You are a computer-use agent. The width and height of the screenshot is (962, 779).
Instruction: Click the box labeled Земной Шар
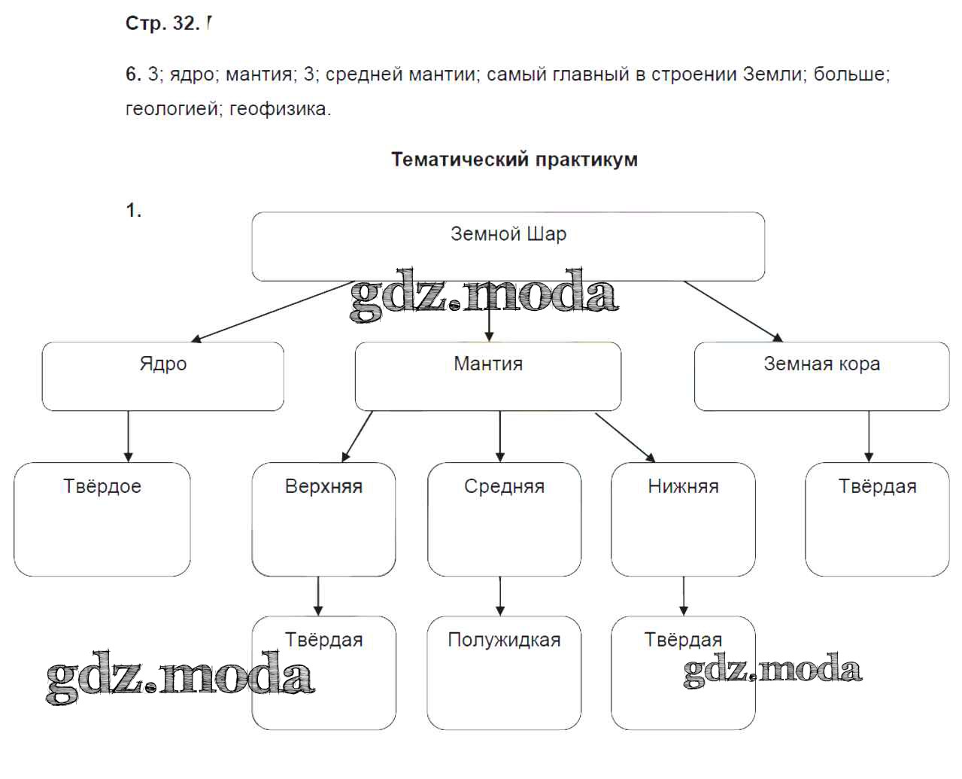click(x=508, y=246)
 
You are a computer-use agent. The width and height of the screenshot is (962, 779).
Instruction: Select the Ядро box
click(x=162, y=376)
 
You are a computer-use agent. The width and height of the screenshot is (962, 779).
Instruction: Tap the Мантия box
click(x=487, y=376)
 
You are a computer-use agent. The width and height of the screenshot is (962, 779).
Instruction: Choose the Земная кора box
click(x=821, y=376)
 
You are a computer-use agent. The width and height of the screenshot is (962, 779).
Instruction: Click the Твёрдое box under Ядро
click(x=102, y=519)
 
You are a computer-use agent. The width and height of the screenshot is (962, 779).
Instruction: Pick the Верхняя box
click(x=323, y=519)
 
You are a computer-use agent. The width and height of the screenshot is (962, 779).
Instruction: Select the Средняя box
click(x=504, y=519)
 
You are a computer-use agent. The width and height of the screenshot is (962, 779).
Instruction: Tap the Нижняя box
click(x=683, y=519)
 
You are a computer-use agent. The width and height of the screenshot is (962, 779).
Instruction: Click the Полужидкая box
click(x=504, y=673)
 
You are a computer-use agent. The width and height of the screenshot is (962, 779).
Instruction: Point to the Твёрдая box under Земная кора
click(x=877, y=519)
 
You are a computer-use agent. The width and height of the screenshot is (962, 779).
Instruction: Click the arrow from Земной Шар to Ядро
click(x=271, y=312)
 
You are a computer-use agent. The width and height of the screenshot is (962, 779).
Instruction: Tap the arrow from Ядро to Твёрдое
click(x=128, y=437)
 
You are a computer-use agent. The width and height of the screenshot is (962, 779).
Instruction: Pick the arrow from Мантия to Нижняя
click(x=625, y=437)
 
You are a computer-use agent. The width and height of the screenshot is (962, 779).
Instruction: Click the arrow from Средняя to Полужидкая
click(x=500, y=596)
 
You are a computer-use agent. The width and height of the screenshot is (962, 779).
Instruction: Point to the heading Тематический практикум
click(x=514, y=160)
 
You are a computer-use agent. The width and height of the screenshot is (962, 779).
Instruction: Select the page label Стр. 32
click(x=162, y=23)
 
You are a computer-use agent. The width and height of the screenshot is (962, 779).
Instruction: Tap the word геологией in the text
click(x=171, y=109)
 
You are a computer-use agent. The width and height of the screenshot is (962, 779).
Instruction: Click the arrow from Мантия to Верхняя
click(x=357, y=436)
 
